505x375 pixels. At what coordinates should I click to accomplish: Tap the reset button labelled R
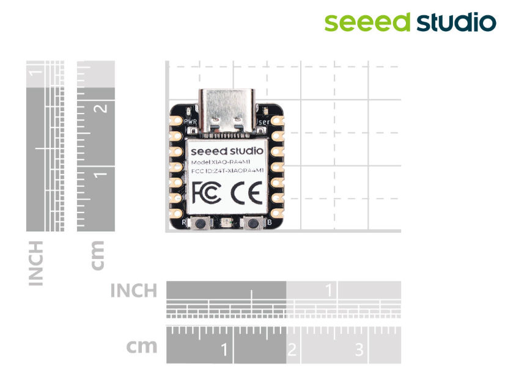[x=199, y=224]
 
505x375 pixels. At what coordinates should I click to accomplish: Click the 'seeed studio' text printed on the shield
[x=227, y=150]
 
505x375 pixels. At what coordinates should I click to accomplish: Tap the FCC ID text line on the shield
[x=227, y=172]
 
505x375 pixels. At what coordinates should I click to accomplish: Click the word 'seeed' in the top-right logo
[x=367, y=23]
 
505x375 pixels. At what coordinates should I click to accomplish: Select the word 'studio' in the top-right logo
[x=456, y=23]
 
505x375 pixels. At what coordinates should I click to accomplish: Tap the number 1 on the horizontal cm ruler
[x=224, y=350]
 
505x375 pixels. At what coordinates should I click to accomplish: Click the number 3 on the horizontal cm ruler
[x=359, y=350]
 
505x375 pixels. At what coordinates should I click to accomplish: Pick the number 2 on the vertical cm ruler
[x=102, y=109]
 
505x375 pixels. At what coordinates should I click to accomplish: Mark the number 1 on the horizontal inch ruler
[x=330, y=290]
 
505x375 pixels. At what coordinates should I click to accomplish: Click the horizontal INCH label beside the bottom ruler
[x=134, y=291]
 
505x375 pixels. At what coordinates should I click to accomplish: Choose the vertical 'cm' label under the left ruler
[x=97, y=255]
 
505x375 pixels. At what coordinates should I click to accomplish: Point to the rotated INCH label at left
[x=36, y=263]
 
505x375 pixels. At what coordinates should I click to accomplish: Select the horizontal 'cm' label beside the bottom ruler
[x=142, y=347]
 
